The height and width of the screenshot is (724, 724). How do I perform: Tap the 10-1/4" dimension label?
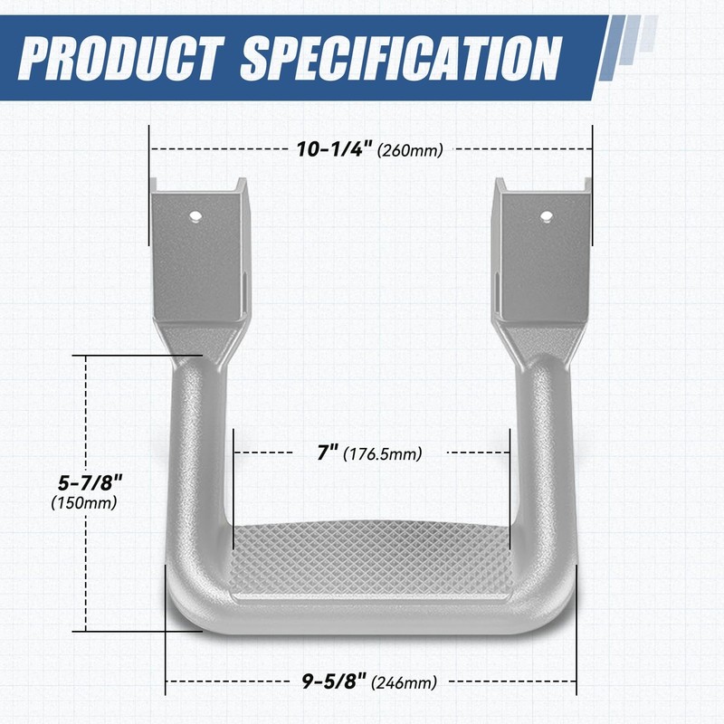(x=335, y=149)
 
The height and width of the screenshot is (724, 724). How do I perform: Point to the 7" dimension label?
(x=328, y=452)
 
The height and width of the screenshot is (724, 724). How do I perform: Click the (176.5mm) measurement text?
(x=383, y=453)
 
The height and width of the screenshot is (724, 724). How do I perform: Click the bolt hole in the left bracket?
(x=195, y=216)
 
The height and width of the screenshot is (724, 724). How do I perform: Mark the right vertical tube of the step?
(x=541, y=452)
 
